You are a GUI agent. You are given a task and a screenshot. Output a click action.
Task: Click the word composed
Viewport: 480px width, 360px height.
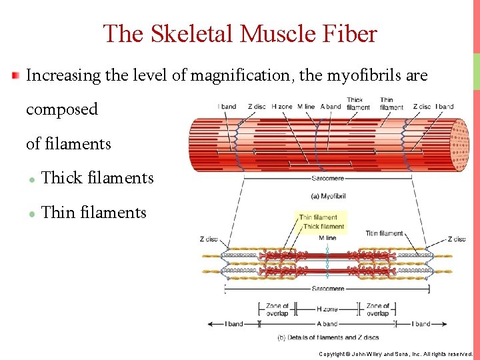pos(61,109)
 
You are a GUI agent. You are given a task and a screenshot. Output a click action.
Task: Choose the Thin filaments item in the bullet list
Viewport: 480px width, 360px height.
pos(93,213)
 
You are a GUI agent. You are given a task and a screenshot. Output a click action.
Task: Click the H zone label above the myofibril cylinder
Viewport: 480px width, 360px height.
pos(281,107)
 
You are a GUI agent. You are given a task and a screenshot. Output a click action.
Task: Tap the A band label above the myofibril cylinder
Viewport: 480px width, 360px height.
pos(330,107)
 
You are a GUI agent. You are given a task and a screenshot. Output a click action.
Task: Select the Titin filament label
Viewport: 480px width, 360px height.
pos(384,233)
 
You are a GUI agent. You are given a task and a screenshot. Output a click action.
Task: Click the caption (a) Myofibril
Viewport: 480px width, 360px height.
pos(328,196)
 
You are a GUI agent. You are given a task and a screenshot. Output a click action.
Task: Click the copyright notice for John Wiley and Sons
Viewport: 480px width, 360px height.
pos(395,354)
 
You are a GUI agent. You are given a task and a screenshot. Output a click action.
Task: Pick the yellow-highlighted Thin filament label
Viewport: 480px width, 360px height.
pos(318,217)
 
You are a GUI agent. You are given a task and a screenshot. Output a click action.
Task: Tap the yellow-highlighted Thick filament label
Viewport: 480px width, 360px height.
pos(323,227)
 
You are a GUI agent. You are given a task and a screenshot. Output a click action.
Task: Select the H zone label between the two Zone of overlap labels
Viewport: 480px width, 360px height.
pos(327,309)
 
